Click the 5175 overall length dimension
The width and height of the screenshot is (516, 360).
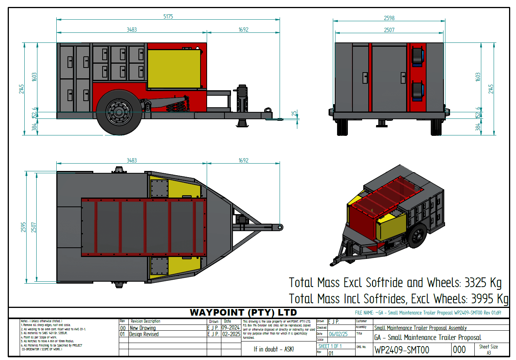pos(168,17)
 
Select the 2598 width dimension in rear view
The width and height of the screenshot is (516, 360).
pos(389,18)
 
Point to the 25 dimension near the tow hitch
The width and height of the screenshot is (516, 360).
pos(294,114)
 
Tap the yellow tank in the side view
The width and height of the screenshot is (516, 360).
pos(174,68)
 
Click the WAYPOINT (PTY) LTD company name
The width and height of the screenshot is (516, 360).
pos(243,313)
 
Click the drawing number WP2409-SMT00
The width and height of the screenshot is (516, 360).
pos(402,350)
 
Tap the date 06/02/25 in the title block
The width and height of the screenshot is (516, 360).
pos(338,334)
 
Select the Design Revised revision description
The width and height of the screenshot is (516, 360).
pos(144,334)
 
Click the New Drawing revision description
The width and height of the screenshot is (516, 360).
pos(143,328)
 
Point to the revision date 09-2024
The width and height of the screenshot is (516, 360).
pos(231,328)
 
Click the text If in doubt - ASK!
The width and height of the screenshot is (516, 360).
pos(274,349)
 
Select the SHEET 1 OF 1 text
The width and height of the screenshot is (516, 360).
pos(330,346)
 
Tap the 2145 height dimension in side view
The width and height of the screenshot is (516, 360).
pos(22,89)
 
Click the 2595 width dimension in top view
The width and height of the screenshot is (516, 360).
pos(24,227)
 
